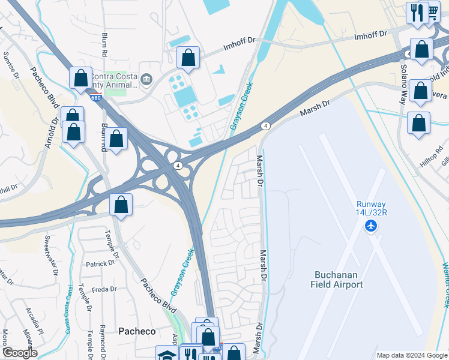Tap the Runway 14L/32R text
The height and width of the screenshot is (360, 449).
click(372, 208)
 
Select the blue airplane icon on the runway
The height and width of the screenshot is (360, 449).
click(372, 226)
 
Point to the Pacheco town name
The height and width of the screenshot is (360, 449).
click(137, 331)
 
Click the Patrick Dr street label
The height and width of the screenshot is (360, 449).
click(100, 263)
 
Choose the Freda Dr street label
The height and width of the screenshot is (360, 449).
click(104, 289)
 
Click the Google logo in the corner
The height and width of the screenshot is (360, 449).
click(19, 353)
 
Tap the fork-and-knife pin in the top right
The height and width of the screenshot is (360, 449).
click(417, 12)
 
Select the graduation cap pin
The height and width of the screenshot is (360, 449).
click(166, 354)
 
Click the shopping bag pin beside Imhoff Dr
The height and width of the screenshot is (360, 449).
click(188, 58)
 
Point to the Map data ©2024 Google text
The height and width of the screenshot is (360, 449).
click(411, 355)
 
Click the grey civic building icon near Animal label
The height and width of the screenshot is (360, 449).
click(146, 79)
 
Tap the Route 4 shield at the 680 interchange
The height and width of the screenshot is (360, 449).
click(178, 165)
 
